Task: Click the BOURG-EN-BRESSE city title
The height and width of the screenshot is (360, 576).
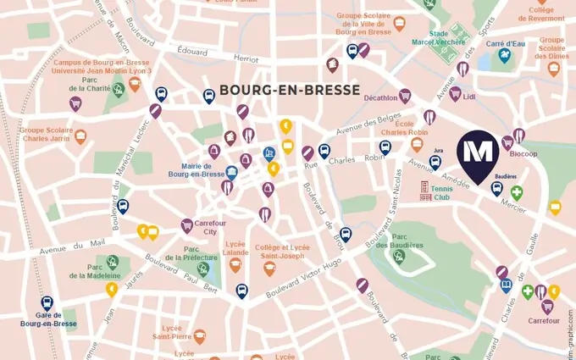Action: tap(290, 90)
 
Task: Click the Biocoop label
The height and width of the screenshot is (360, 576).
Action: tap(523, 154)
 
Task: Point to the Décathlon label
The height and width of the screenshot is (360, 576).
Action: tap(380, 97)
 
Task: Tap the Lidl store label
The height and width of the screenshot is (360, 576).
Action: tap(469, 97)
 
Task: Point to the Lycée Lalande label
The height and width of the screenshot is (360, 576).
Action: tap(236, 248)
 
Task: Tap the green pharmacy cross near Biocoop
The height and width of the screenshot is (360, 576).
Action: tap(517, 193)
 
